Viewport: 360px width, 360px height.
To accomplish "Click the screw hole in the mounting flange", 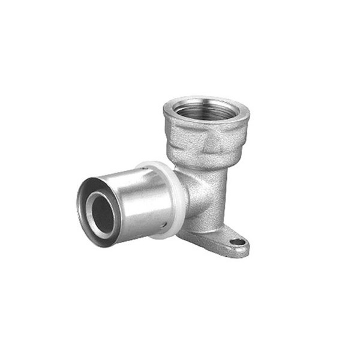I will tap(238, 242).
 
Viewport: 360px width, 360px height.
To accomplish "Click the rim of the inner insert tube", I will tap(92, 210).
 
